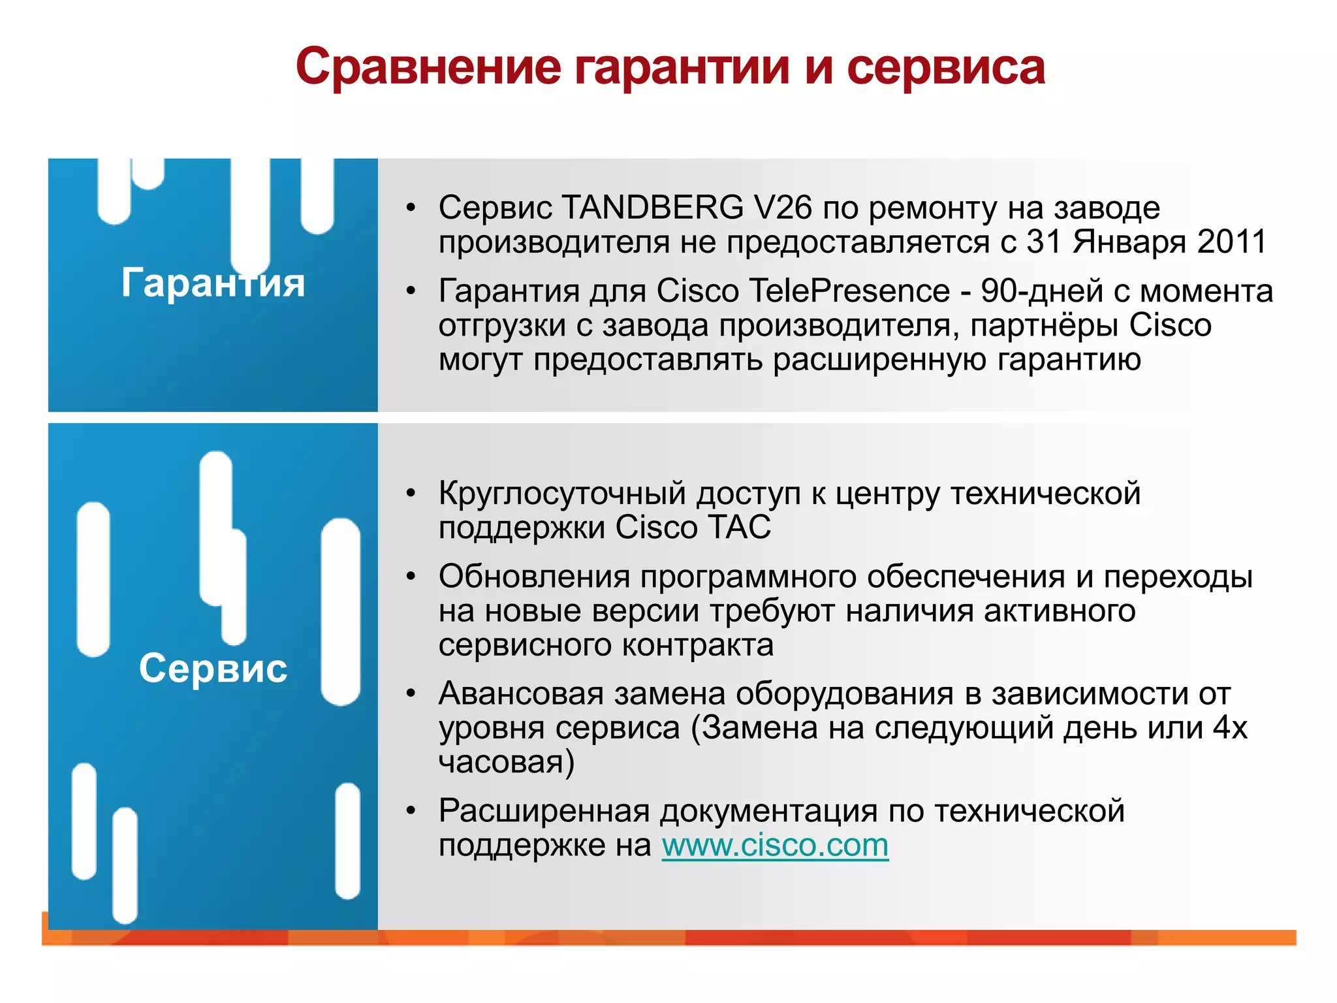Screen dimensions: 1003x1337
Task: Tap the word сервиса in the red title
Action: click(946, 67)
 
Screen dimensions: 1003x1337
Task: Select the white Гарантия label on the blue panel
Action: click(213, 283)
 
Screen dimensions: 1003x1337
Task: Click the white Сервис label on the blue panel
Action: click(213, 668)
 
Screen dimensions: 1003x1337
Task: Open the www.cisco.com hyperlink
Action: click(775, 846)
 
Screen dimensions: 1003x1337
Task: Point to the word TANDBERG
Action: click(652, 208)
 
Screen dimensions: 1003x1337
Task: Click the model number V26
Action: click(782, 208)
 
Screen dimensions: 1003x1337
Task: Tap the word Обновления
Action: click(535, 577)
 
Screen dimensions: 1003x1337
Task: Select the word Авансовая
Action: click(521, 693)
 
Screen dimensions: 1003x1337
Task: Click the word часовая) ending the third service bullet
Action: click(507, 762)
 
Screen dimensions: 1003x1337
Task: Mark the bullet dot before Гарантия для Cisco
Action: click(411, 291)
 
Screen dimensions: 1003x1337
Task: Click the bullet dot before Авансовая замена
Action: click(411, 693)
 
